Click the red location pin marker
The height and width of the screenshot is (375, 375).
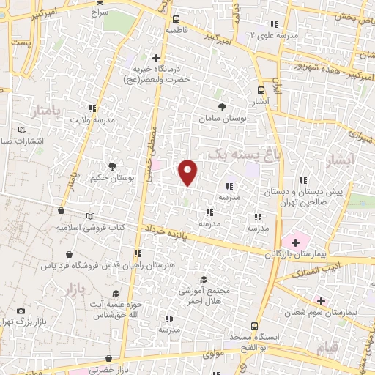coord(188,171)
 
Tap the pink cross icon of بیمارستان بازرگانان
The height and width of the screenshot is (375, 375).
coord(296,242)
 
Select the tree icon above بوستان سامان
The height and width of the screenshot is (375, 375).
coord(222,107)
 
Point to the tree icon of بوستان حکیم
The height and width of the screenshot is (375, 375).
coord(112,166)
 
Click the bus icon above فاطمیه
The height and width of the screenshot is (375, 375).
coord(176,20)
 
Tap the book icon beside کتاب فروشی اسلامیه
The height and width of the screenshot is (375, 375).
coord(91,217)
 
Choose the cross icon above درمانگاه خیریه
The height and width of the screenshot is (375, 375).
coord(156,58)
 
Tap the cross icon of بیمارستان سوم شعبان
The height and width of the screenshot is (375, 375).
coord(320,300)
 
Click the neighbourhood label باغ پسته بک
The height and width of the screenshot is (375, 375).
coord(234,155)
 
